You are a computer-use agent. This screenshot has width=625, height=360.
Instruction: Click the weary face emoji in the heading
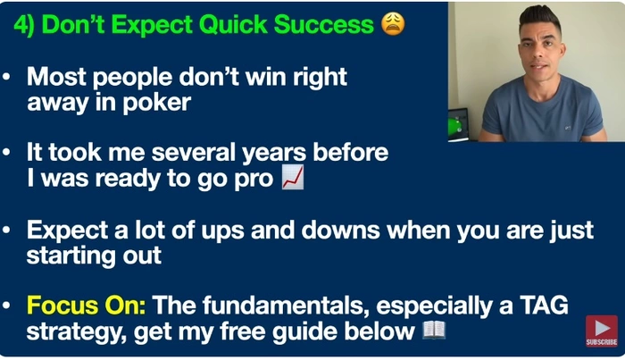pos(393,24)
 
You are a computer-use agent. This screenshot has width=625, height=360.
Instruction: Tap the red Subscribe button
pos(602,331)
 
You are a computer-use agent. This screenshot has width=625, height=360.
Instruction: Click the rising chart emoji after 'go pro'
pos(293,177)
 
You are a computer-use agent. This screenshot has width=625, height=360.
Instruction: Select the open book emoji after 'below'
pos(434,331)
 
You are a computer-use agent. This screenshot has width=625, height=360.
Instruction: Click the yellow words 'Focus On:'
pos(86,306)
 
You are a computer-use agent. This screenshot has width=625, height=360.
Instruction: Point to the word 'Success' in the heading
pos(323,25)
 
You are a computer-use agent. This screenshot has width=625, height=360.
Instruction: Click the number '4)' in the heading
pos(24,25)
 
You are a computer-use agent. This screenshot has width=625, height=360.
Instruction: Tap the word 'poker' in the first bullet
pos(156,103)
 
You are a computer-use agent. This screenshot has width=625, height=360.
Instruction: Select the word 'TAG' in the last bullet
pos(544,306)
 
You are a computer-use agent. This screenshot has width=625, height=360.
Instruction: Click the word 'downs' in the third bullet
pos(340,230)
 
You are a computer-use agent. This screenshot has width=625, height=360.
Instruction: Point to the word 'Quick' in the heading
pos(233,25)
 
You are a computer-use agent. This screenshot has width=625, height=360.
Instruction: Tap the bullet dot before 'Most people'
pos(6,76)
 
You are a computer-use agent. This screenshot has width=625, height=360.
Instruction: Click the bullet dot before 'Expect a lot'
pos(6,230)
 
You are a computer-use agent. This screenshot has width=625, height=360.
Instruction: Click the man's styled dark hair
pos(539,18)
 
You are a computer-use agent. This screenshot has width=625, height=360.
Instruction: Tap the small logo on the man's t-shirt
pos(568,128)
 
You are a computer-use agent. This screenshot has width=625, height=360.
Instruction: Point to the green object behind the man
pos(454,126)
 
